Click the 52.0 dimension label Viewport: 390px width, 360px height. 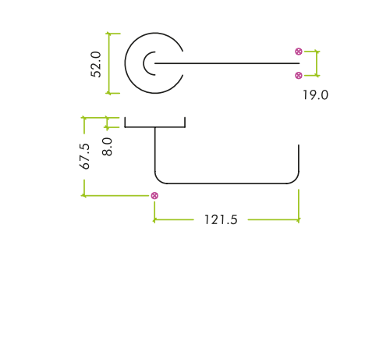[96, 64]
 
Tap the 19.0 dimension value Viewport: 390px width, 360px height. [315, 95]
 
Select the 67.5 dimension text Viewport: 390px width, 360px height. [84, 156]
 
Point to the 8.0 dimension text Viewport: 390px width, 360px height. [107, 147]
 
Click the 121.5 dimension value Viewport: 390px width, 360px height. [221, 219]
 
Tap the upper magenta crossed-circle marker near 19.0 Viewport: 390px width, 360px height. [299, 52]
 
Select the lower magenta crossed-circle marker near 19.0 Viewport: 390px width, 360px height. [299, 76]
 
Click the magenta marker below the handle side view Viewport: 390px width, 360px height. [154, 196]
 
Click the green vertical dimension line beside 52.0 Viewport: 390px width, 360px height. [109, 63]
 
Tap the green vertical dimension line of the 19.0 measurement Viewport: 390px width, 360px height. [317, 63]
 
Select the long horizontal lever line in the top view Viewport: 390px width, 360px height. [227, 63]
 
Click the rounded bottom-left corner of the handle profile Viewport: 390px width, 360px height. [159, 180]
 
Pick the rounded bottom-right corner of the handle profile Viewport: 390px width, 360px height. [295, 180]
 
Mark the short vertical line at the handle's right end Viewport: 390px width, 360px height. [299, 158]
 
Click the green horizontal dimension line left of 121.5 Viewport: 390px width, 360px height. [174, 219]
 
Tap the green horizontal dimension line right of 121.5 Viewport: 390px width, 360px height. [273, 219]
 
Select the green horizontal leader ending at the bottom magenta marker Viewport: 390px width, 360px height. [116, 195]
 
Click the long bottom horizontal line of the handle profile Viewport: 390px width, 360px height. [226, 184]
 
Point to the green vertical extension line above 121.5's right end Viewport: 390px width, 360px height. [299, 205]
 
